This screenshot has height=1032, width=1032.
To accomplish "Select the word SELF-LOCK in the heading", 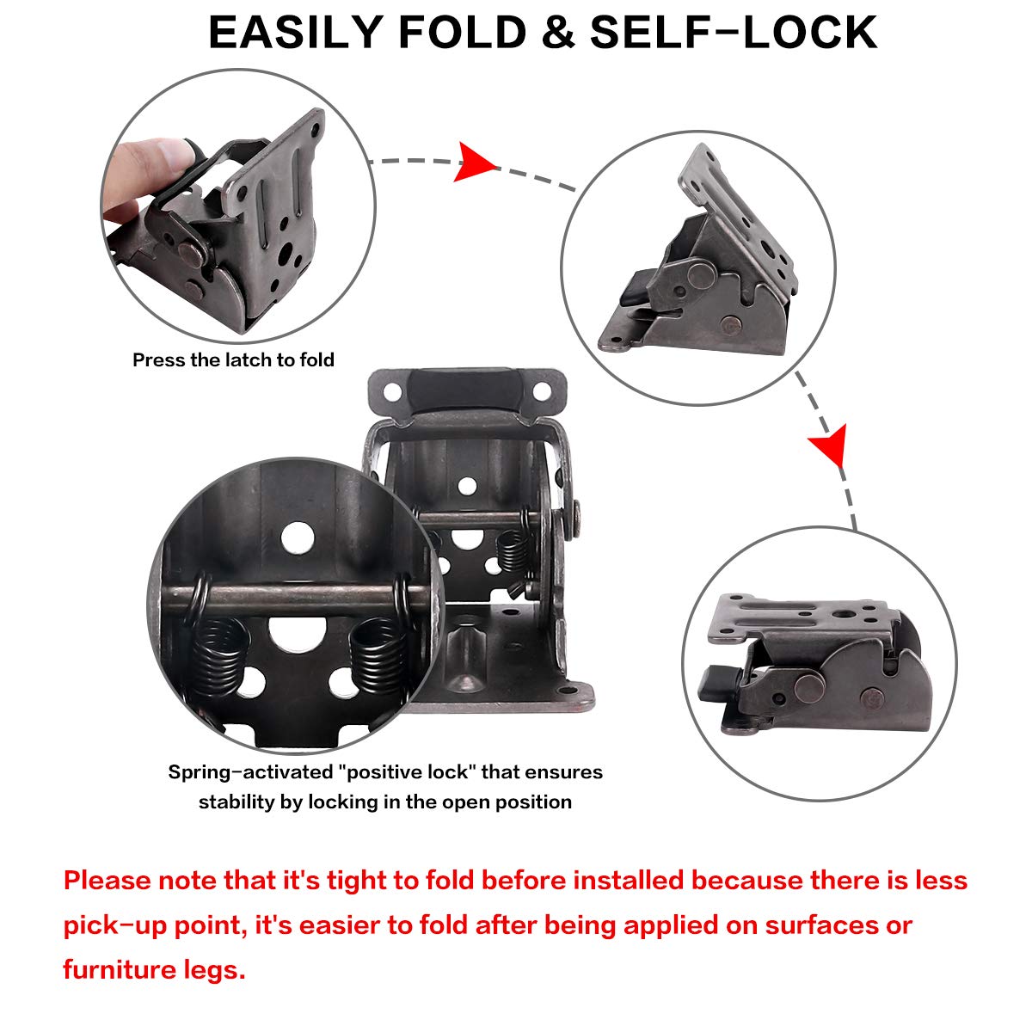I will point(734,33).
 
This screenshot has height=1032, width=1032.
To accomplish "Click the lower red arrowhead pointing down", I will point(829,447).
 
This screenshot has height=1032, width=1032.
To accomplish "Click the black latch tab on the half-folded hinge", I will point(634,290).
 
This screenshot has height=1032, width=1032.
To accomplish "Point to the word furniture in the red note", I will point(127,971).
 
